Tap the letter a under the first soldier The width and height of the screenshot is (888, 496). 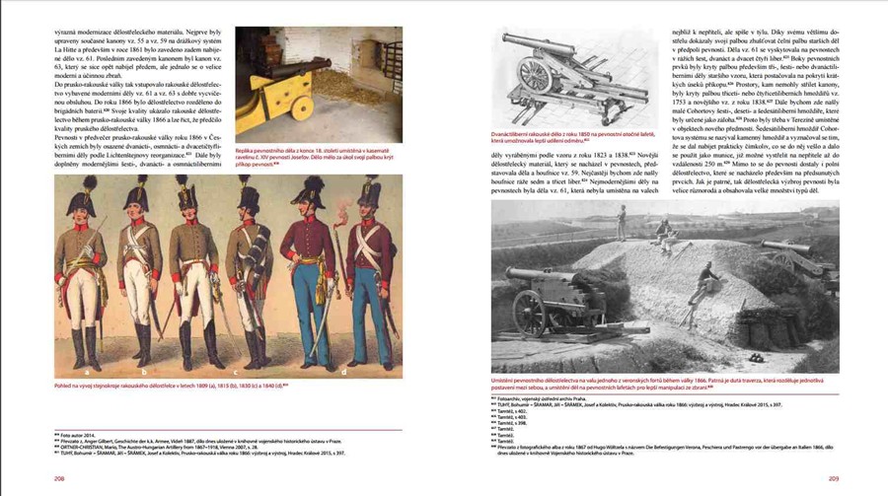[x=88, y=372]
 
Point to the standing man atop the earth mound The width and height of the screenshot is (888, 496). [x=622, y=222]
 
